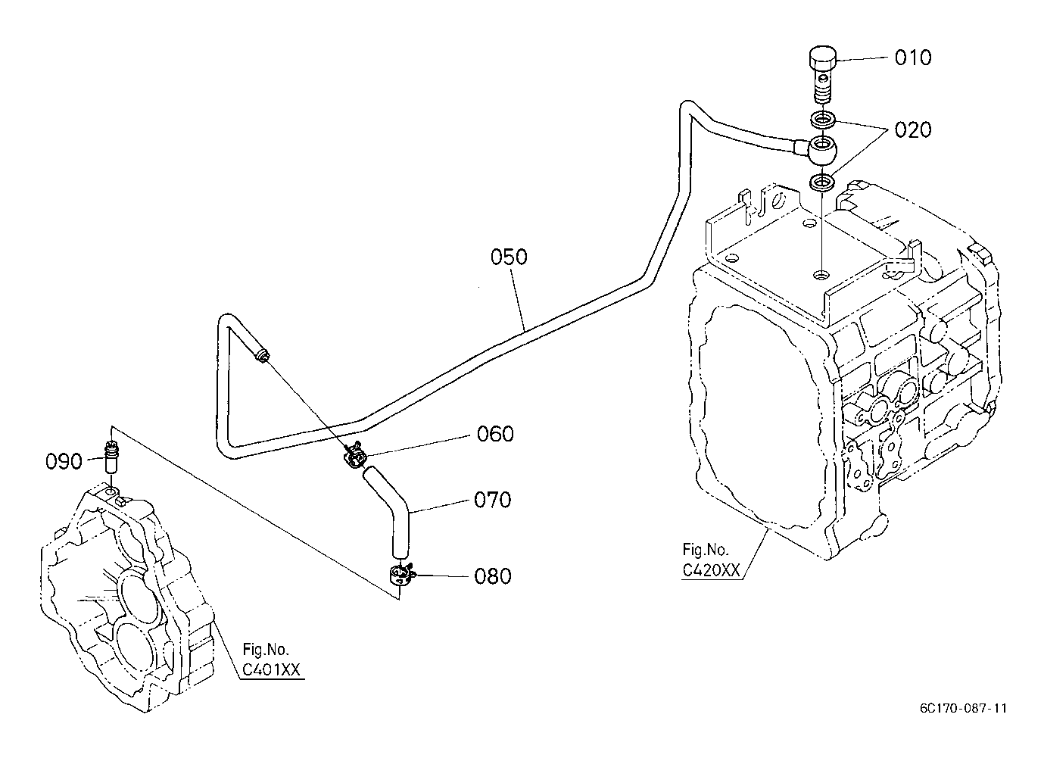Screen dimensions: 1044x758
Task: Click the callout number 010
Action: point(912,58)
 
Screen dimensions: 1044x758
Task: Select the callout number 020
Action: point(912,130)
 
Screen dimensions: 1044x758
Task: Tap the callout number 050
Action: point(509,257)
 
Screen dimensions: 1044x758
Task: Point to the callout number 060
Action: point(495,434)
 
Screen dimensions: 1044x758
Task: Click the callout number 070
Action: point(493,501)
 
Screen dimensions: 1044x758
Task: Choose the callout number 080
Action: point(493,577)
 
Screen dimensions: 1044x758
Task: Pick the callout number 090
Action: point(64,461)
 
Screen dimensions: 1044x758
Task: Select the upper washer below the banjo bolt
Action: point(823,120)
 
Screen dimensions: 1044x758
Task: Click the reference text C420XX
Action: point(711,571)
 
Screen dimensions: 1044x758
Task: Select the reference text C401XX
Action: point(271,670)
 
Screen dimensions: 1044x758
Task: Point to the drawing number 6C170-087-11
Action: point(963,709)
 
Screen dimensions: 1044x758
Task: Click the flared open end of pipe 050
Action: point(263,356)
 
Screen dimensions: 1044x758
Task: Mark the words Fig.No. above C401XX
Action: point(266,649)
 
